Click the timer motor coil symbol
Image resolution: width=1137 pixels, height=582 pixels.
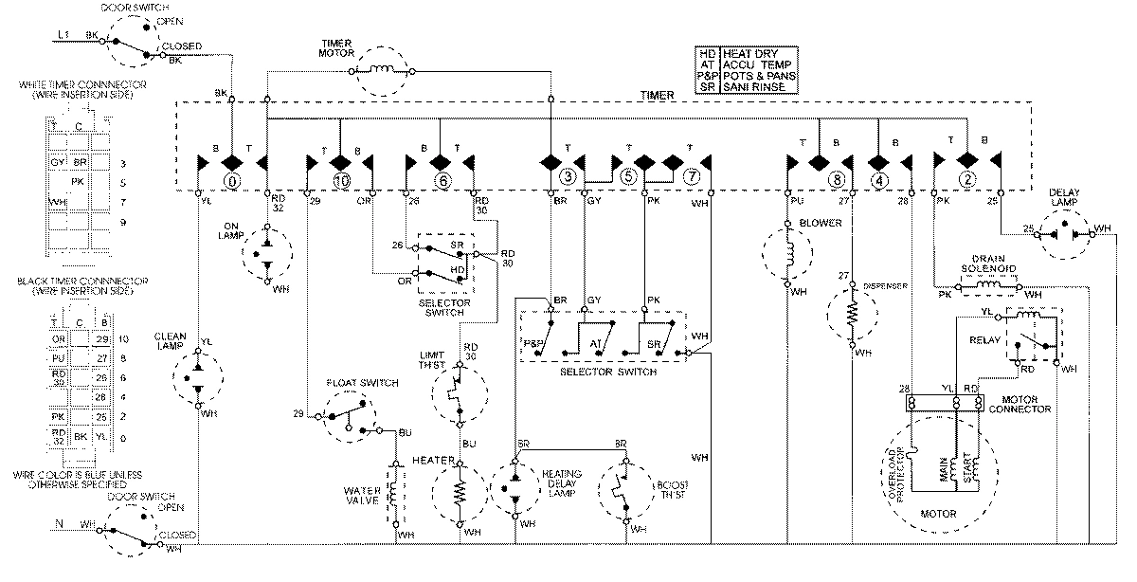coord(385,68)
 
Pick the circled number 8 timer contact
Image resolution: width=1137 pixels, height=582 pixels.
coord(836,178)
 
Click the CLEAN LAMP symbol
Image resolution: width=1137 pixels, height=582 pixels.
coord(198,376)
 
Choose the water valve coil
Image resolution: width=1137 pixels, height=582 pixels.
coord(393,494)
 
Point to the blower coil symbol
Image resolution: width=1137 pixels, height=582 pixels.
coord(786,254)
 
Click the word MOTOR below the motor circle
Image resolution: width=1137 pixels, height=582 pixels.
coord(938,515)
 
